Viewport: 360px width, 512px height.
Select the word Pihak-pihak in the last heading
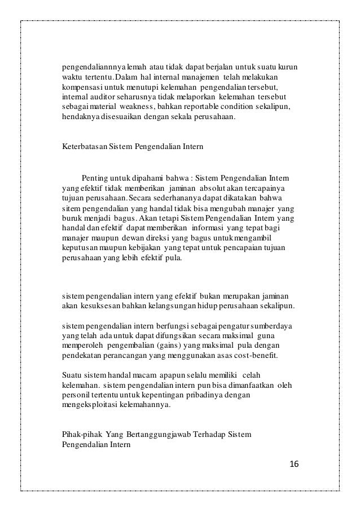tap(78, 434)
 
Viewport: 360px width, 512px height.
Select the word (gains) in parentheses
tap(171, 346)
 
